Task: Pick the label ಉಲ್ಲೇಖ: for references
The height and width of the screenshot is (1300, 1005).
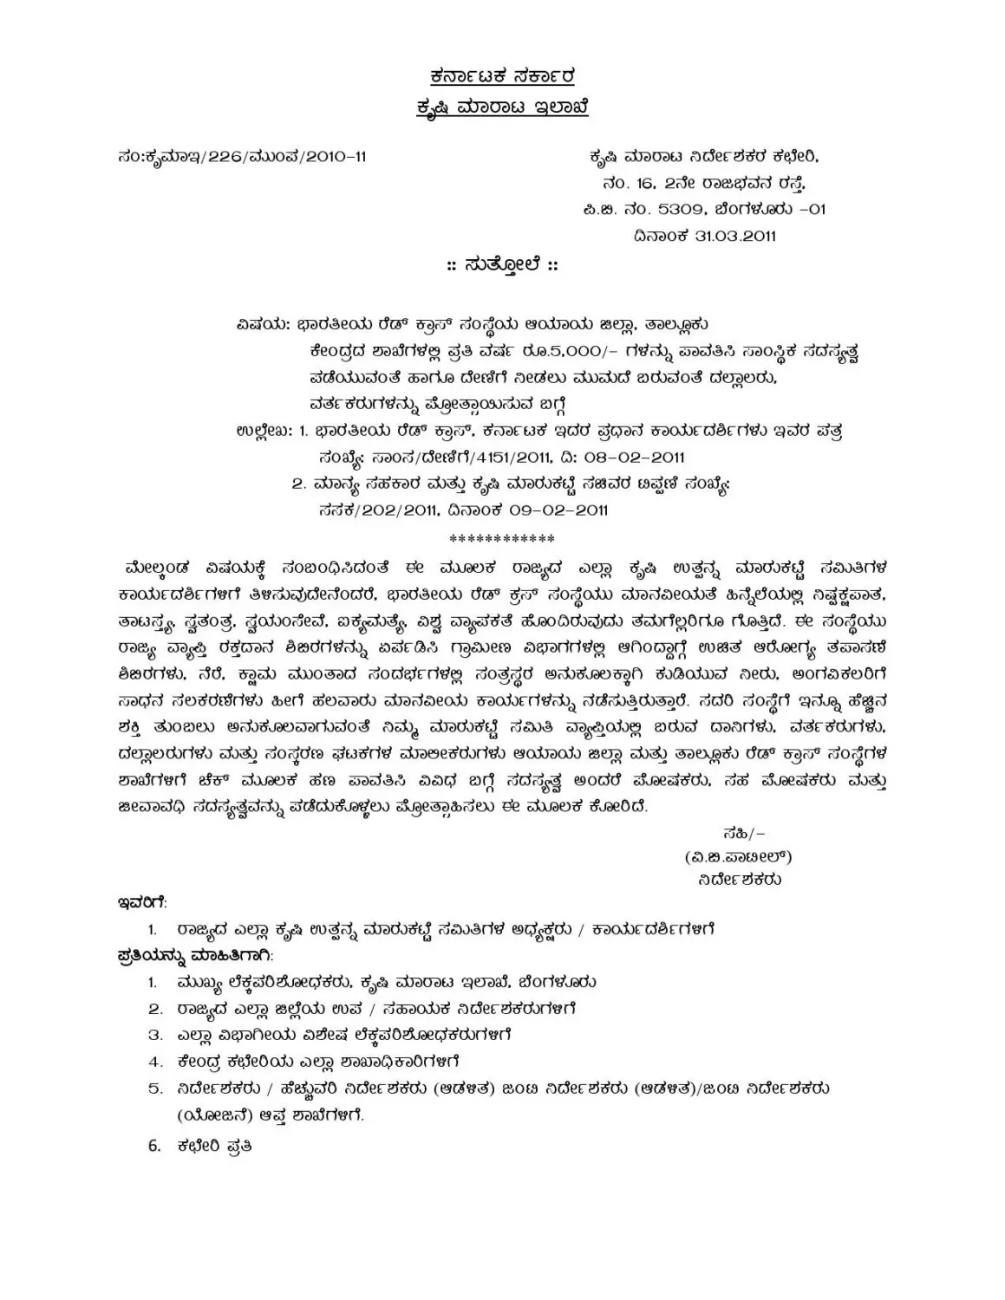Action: point(264,431)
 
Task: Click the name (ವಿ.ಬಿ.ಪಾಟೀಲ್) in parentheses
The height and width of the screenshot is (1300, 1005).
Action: point(738,856)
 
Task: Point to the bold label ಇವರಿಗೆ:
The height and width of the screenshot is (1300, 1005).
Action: point(142,903)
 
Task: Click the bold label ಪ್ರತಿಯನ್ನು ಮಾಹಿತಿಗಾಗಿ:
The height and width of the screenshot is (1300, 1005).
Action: point(195,956)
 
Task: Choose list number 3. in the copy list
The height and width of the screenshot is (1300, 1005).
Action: point(155,1035)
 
